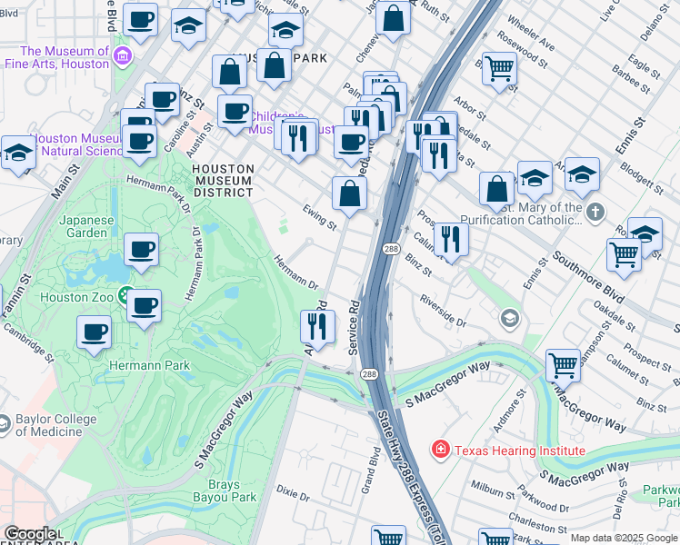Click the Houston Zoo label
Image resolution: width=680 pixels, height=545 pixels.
pyautogui.click(x=75, y=297)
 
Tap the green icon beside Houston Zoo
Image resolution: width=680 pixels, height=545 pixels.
pyautogui.click(x=125, y=297)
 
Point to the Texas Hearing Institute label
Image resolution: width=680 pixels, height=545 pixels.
pyautogui.click(x=519, y=450)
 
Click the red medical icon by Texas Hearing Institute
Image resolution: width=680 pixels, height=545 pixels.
pyautogui.click(x=441, y=449)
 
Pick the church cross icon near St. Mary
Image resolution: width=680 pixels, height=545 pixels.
pyautogui.click(x=595, y=213)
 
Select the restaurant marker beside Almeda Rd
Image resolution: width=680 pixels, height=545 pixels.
pyautogui.click(x=317, y=325)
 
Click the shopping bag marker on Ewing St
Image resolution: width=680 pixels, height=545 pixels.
pyautogui.click(x=350, y=193)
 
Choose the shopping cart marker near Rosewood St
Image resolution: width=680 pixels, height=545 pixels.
pyautogui.click(x=499, y=68)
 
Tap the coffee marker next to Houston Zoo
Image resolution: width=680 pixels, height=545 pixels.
pyautogui.click(x=144, y=306)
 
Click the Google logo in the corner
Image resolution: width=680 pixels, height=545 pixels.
pyautogui.click(x=30, y=534)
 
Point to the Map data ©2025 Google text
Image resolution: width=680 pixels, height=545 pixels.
pyautogui.click(x=624, y=538)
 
